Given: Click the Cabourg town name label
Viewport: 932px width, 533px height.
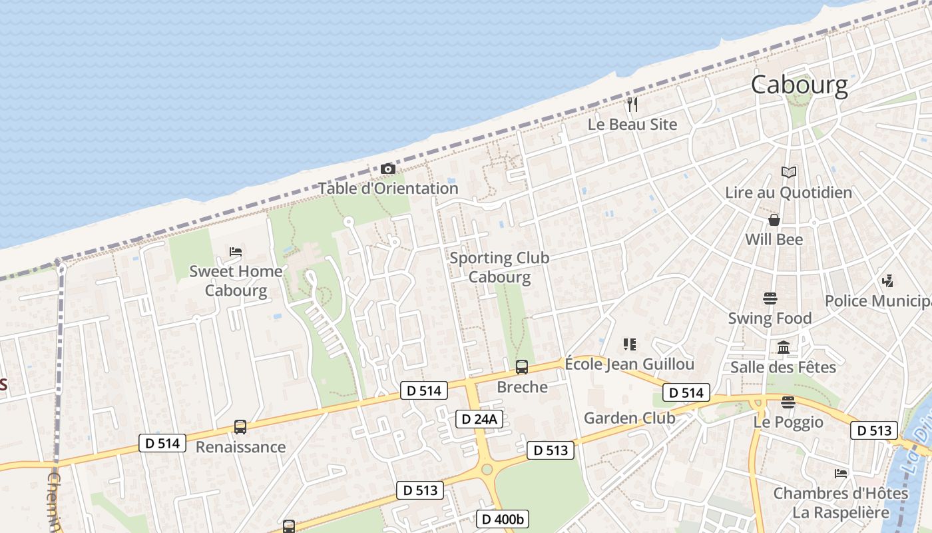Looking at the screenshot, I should click(799, 85).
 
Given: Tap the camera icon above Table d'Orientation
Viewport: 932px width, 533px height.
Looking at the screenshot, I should click(387, 169).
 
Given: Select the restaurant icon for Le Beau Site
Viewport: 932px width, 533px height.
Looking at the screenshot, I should click(632, 104).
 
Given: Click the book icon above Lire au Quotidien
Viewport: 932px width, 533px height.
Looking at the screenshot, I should click(788, 173).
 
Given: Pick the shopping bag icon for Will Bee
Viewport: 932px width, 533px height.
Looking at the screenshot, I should click(774, 219).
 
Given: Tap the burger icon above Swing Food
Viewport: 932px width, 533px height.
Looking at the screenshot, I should click(770, 298).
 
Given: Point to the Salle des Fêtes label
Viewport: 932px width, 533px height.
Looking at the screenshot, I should click(783, 367).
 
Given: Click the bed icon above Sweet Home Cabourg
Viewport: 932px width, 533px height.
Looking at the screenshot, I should click(235, 252).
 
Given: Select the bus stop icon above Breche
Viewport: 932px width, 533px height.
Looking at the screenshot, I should click(522, 366).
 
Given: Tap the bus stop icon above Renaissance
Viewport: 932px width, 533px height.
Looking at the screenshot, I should click(240, 426).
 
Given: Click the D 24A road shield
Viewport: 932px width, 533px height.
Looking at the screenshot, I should click(479, 419).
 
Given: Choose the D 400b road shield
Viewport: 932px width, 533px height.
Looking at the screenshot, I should click(503, 519).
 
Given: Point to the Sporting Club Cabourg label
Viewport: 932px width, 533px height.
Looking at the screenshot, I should click(499, 267).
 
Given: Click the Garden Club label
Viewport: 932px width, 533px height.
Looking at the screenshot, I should click(629, 418).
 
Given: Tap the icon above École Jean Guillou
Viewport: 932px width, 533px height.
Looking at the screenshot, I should click(629, 344).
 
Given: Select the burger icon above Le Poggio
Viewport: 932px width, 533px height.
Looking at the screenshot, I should click(788, 402).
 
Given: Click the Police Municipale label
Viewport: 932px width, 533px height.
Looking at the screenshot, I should click(877, 301).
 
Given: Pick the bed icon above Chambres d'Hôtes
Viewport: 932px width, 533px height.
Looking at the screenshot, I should click(841, 474).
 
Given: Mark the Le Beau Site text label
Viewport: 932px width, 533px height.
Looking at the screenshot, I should click(632, 125).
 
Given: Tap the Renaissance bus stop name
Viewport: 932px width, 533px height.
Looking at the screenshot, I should click(240, 447).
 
